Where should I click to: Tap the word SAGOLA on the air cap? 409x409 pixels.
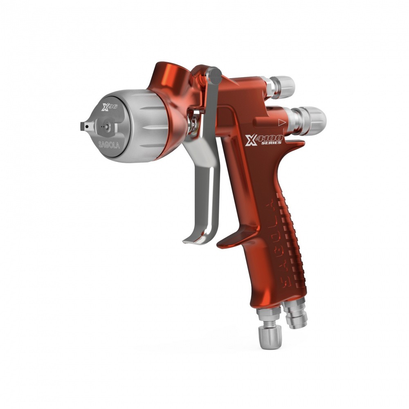click(x=109, y=144)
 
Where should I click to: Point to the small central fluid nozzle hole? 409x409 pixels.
click(x=106, y=127)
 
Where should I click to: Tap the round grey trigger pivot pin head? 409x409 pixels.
click(x=214, y=75)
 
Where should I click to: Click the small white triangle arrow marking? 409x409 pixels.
click(x=281, y=121)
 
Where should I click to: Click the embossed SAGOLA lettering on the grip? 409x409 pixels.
click(x=275, y=241)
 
